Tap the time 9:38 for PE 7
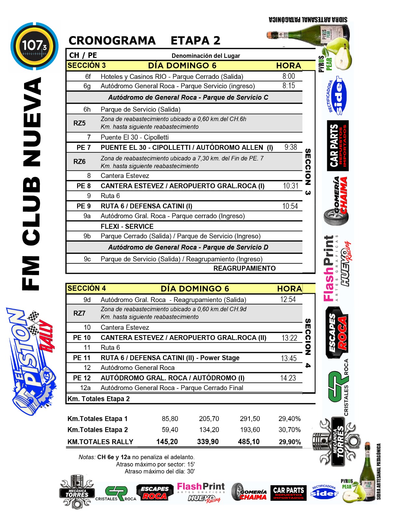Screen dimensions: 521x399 point(290,147)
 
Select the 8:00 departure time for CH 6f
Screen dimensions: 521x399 point(288,76)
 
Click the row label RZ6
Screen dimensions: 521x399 point(79,162)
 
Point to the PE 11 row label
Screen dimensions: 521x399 point(82,358)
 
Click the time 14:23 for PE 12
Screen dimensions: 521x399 point(288,378)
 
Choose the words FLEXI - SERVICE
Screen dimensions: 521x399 point(127,226)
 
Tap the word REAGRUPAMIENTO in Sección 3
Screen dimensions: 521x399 point(244,268)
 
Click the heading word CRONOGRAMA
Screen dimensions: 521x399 point(112,41)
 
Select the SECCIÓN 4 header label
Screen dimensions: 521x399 point(86,289)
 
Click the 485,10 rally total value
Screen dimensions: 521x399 point(249,442)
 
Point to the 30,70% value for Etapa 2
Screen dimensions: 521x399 point(289,430)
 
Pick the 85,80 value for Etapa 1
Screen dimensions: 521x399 point(170,419)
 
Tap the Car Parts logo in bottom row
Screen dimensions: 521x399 point(288,493)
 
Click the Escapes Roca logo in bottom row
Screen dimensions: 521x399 point(155,492)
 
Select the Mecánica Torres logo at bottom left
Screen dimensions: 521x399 point(77,492)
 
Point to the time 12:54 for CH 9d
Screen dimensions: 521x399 point(288,300)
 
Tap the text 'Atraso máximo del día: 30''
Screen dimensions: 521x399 point(159,472)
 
